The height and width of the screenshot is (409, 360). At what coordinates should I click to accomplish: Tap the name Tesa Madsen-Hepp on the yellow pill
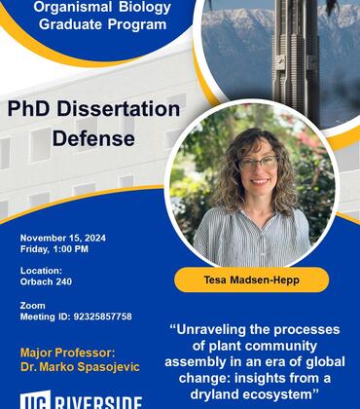click(251, 279)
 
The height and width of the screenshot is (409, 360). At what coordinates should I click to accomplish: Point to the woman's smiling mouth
click(258, 183)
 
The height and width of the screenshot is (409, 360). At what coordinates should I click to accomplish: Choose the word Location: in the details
click(41, 271)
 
